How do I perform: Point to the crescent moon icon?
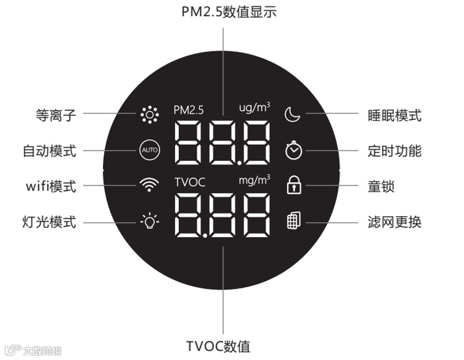(293, 115)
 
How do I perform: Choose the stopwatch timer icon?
(293, 150)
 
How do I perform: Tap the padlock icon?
(294, 186)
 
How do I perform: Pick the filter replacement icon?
(293, 221)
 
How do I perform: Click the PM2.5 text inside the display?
(189, 110)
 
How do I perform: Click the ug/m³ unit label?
(254, 107)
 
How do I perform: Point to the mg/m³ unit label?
(254, 179)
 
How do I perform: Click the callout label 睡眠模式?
(394, 116)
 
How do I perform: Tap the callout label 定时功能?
(394, 151)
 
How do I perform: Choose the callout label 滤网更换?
(394, 223)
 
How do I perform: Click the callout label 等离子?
(56, 116)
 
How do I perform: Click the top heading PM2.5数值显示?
(223, 11)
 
